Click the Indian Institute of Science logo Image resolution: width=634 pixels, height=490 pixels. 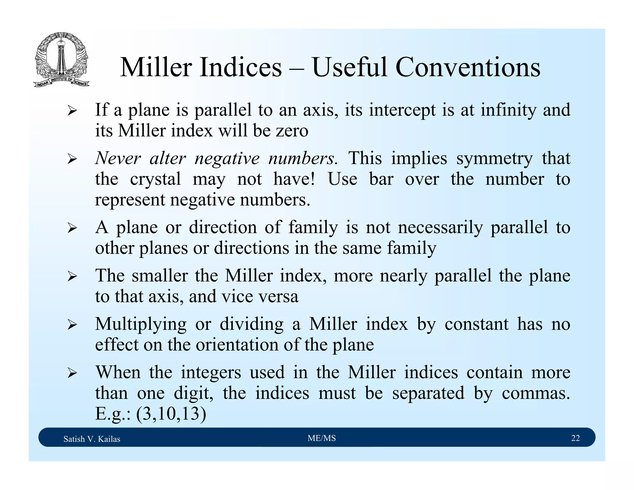pyautogui.click(x=61, y=59)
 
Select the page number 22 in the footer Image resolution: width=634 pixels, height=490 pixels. pyautogui.click(x=575, y=438)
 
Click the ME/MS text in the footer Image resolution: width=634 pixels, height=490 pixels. pyautogui.click(x=322, y=438)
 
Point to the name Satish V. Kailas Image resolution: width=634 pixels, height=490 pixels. pyautogui.click(x=92, y=439)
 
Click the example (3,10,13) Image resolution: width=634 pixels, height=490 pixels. pyautogui.click(x=171, y=413)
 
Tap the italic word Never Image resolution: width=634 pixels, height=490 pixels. pyautogui.click(x=118, y=158)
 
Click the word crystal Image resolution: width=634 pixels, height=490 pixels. pyautogui.click(x=155, y=179)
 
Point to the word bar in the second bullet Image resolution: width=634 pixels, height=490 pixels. pyautogui.click(x=381, y=179)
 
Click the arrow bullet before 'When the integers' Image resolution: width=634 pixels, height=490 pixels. pyautogui.click(x=72, y=373)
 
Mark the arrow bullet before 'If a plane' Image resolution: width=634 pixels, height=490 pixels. pyautogui.click(x=72, y=111)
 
